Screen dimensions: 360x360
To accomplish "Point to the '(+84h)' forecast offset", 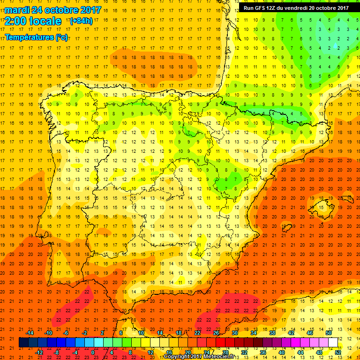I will click(x=81, y=21).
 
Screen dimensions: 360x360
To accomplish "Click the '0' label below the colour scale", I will click(x=93, y=352).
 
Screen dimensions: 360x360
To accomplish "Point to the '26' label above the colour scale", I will click(x=216, y=332).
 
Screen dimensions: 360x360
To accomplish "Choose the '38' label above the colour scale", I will click(x=272, y=332).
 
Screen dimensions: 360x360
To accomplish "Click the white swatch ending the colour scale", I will click(x=333, y=342).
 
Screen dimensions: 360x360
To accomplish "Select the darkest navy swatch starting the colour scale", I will click(x=24, y=342).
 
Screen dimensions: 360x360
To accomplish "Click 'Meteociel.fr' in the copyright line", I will click(x=219, y=357).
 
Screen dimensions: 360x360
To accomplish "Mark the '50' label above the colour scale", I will click(x=329, y=332).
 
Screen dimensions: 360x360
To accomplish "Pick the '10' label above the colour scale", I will click(x=141, y=332).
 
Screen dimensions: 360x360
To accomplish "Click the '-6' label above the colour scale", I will click(x=66, y=332).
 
